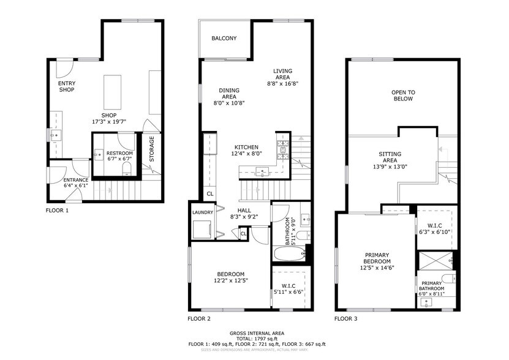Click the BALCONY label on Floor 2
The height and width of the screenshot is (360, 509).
click(224, 39)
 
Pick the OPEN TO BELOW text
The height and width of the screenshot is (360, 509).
click(403, 96)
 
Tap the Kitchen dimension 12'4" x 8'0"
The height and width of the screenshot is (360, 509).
click(246, 154)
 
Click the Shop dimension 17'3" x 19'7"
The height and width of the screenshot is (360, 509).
click(108, 122)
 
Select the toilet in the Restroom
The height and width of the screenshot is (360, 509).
click(127, 167)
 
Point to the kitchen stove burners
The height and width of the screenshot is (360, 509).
click(283, 147)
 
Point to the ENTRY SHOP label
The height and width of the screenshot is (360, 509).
click(66, 86)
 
